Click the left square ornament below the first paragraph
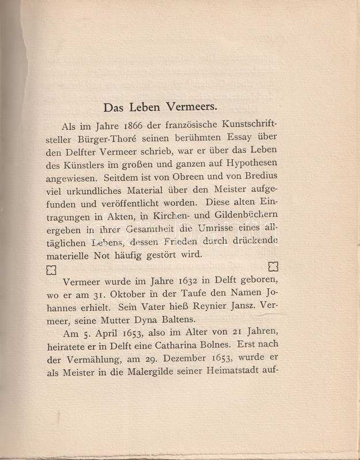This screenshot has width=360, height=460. point(51,269)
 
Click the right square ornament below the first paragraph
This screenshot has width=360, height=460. point(273,266)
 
